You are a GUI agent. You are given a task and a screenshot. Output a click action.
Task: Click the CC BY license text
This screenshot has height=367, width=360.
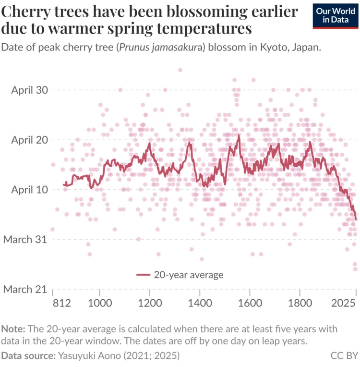[344, 356]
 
